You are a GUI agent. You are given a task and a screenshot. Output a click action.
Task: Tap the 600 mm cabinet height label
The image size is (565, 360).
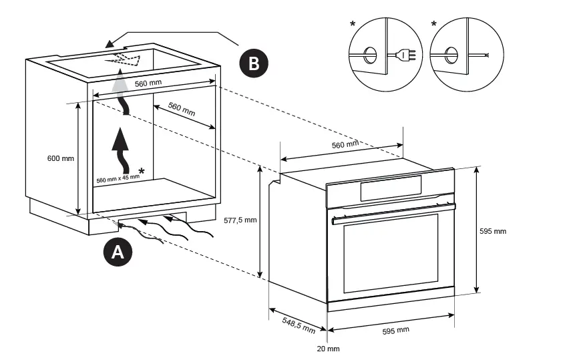point(61,158)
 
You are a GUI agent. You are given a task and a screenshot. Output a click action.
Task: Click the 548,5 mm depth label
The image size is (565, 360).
point(299,325)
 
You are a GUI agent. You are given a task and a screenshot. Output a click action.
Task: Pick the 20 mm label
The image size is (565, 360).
point(328,349)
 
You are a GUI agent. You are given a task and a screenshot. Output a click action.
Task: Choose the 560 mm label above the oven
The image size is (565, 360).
point(345,144)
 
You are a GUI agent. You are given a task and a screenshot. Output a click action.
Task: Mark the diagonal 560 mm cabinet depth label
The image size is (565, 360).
point(182,110)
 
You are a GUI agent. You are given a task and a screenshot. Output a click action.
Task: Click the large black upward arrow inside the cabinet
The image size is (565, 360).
point(121,150)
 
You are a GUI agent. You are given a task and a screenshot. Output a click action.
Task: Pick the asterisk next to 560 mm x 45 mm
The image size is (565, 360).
point(142,172)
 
